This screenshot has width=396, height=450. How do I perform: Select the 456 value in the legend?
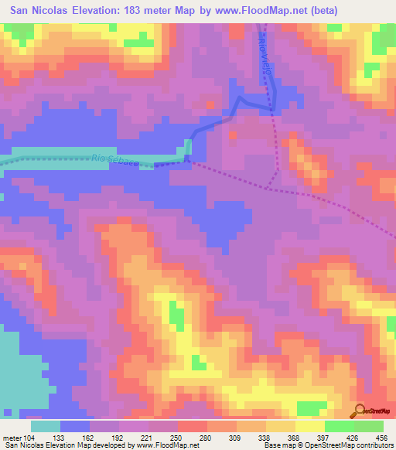click(x=381, y=437)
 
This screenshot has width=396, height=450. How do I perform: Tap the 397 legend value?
click(x=323, y=437)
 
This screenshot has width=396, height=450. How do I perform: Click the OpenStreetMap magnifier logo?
click(x=359, y=411)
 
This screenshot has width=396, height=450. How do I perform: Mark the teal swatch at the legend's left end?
click(x=46, y=425)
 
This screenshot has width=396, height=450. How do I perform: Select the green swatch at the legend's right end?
click(x=368, y=425)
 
